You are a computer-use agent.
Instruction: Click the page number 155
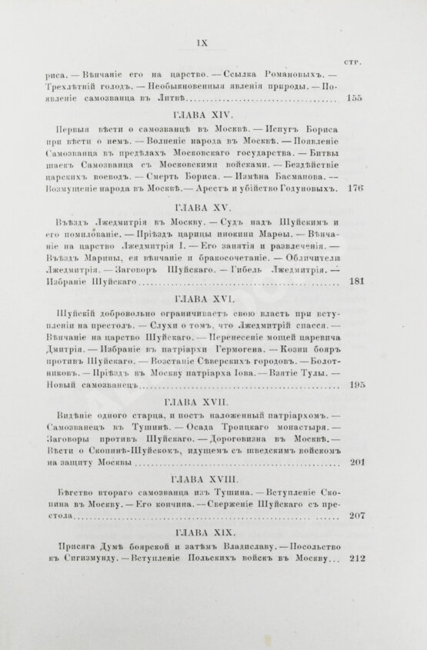tap(355, 98)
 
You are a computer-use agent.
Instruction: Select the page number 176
tap(355, 189)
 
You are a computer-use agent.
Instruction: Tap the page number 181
tap(355, 282)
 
